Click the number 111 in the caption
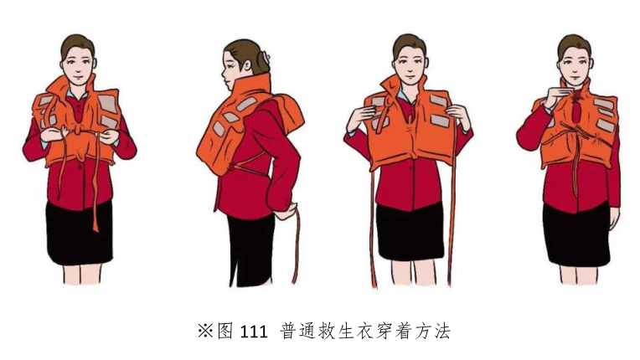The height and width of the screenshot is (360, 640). pos(253,332)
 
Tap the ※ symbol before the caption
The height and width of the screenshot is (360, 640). pos(205,331)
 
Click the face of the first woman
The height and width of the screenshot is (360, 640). pos(78,64)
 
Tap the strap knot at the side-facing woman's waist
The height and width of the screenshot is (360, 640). pos(233,167)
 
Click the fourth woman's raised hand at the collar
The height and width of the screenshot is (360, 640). pos(558,96)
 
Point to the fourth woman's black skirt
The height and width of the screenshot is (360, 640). pos(576,235)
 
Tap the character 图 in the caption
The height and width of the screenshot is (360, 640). pos(225,332)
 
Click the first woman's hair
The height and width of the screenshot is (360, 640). pos(77,44)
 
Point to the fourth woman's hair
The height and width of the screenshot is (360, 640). pos(575,44)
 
